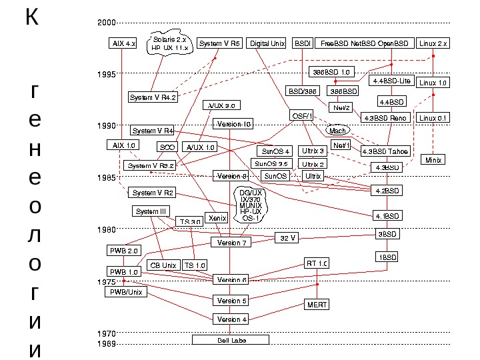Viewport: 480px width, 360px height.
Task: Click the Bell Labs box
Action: pos(230,340)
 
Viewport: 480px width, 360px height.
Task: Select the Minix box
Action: pos(433,161)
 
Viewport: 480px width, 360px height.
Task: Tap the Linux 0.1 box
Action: pos(433,118)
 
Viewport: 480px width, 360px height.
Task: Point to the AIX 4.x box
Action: pos(123,43)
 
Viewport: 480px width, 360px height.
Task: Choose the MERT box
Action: pos(317,305)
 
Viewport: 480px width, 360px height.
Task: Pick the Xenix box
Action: pos(215,218)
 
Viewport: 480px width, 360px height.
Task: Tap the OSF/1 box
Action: pos(302,116)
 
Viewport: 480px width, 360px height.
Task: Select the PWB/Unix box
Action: pos(126,292)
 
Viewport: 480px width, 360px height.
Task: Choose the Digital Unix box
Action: pos(267,43)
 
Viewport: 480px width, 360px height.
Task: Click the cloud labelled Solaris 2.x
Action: pos(171,44)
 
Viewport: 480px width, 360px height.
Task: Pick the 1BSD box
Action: pos(387,257)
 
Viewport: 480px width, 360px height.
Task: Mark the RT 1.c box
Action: pos(317,263)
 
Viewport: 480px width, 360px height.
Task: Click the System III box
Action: pos(151,211)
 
